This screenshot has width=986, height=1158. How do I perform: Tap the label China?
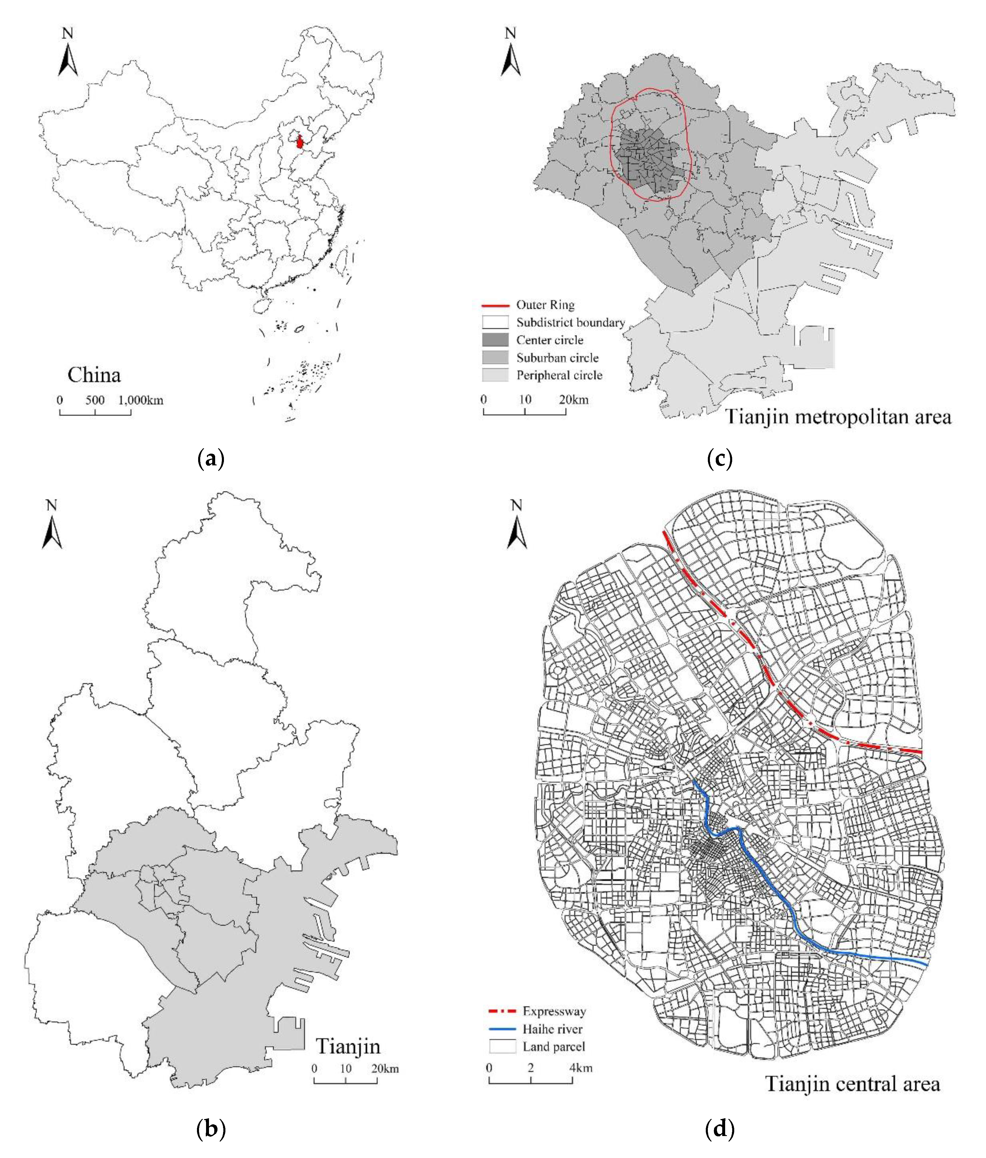pyautogui.click(x=94, y=375)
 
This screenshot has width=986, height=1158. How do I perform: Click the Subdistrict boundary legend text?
pyautogui.click(x=570, y=322)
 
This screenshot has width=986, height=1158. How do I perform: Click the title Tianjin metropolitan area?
pyautogui.click(x=839, y=417)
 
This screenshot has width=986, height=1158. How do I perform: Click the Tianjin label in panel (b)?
pyautogui.click(x=348, y=1046)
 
